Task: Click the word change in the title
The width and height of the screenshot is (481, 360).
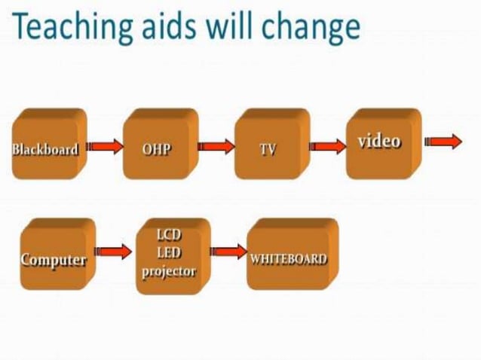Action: tap(309, 28)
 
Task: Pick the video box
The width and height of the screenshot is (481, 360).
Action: tap(381, 143)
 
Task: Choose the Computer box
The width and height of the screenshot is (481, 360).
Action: tap(54, 256)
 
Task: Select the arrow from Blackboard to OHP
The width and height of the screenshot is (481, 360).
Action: tap(105, 147)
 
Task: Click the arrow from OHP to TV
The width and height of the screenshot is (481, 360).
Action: tap(216, 147)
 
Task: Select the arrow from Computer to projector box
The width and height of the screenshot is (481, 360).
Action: tap(113, 251)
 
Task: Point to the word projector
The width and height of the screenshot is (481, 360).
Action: tap(168, 271)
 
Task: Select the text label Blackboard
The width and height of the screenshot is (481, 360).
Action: tap(45, 148)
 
